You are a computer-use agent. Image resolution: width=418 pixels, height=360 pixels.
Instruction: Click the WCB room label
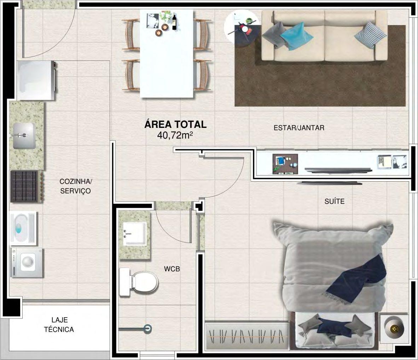coord(172,269)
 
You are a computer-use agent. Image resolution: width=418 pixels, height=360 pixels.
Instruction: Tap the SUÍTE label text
coord(334,201)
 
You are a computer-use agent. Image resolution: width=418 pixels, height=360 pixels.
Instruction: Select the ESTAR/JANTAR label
coord(299,128)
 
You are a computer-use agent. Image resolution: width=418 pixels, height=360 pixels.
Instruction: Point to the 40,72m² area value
coord(175,135)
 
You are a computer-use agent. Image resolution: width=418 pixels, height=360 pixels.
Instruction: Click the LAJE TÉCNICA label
coord(59,325)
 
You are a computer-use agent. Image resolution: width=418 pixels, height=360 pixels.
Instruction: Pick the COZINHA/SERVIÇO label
coord(75,186)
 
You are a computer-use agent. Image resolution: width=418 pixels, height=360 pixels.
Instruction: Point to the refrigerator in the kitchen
coord(36,81)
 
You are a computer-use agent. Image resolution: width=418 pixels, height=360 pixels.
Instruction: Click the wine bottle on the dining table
coord(174,22)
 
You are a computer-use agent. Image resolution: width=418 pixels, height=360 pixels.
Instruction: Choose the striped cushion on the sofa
coord(370,35)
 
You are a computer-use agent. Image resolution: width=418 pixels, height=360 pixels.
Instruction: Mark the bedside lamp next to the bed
coord(394,329)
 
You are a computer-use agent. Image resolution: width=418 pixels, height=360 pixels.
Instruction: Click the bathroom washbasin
coord(135,234)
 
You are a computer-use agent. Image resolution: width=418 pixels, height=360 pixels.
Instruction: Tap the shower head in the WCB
coord(147,329)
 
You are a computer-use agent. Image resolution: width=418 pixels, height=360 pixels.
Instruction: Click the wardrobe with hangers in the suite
coord(247,336)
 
